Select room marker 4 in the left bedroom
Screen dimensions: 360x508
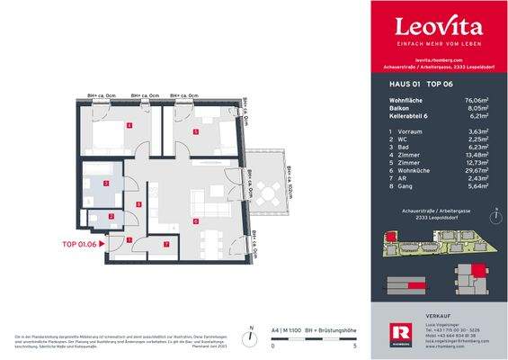(x=130, y=125)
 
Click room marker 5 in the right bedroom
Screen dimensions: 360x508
(x=196, y=130)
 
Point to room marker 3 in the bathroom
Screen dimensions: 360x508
(x=106, y=184)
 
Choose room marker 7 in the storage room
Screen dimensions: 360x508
(x=165, y=244)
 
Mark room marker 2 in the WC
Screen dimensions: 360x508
(x=111, y=217)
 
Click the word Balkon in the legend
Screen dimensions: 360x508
(x=391, y=109)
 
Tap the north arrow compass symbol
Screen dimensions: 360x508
(x=493, y=217)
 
